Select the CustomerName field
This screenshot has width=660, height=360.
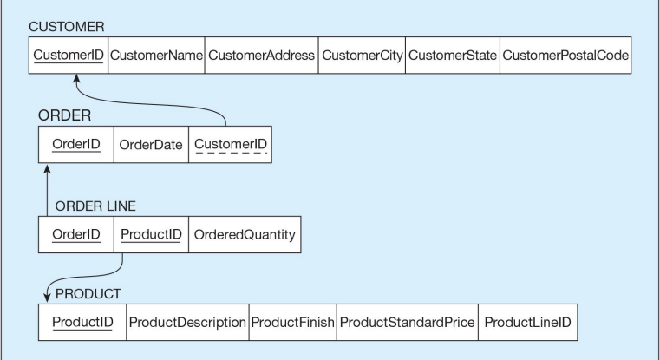[x=156, y=56]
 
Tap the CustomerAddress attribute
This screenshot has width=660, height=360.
[x=261, y=56]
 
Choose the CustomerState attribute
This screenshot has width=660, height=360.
[x=452, y=56]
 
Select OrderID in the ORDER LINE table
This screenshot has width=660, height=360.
[x=75, y=234]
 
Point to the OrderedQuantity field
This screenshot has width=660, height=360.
[x=244, y=234]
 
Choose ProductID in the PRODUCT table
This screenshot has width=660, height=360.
[x=82, y=323]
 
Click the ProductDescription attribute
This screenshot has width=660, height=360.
[x=187, y=323]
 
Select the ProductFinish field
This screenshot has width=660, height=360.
[x=291, y=323]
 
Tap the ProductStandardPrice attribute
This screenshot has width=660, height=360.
[x=407, y=323]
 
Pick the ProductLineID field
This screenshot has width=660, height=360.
[x=527, y=323]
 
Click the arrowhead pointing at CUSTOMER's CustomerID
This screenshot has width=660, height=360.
[x=76, y=79]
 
